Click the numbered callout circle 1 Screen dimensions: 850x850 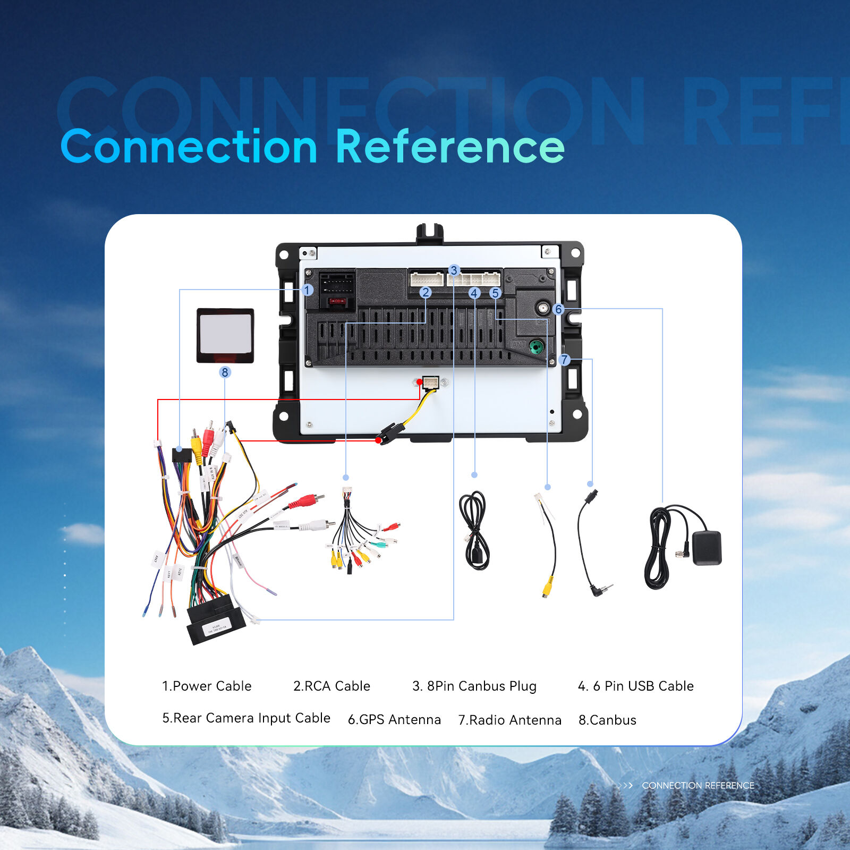click(x=308, y=290)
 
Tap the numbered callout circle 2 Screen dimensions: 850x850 click(x=425, y=293)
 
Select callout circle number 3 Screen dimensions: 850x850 click(x=454, y=270)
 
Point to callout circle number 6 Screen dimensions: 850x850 click(x=558, y=309)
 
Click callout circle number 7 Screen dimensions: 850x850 click(x=565, y=360)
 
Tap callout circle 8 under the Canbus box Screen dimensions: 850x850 click(x=225, y=372)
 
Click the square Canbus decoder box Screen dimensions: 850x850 click(x=225, y=336)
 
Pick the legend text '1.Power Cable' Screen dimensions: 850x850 click(x=207, y=686)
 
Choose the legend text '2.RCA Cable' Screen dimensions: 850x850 click(x=331, y=686)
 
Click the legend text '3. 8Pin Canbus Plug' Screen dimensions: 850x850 click(x=474, y=686)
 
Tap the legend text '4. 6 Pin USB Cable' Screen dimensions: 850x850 click(x=635, y=686)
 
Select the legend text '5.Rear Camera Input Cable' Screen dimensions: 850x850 click(x=246, y=718)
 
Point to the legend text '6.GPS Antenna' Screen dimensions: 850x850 click(x=394, y=719)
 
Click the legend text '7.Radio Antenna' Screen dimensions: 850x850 click(x=509, y=720)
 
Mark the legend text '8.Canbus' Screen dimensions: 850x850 click(x=607, y=720)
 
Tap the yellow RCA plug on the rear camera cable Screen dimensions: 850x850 click(x=547, y=588)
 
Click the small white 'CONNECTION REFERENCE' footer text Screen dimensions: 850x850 click(x=698, y=785)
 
